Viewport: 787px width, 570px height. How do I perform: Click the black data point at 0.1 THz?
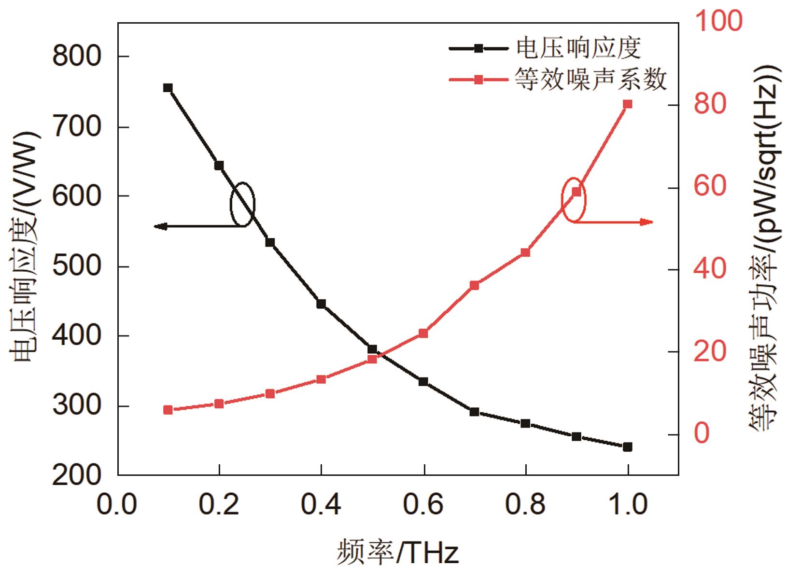168,88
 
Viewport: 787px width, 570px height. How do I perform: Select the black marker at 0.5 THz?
372,349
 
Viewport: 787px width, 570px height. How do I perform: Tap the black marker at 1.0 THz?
628,447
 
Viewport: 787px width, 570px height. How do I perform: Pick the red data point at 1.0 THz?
628,104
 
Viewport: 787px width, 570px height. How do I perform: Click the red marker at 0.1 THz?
168,410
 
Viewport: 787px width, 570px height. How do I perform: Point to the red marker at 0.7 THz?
474,285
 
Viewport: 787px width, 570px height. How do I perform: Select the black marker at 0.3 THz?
270,242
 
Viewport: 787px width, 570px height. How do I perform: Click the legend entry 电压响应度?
578,48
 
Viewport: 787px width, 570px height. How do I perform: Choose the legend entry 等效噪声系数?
590,79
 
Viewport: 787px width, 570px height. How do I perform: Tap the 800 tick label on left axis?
77,56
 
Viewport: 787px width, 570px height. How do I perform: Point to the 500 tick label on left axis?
77,266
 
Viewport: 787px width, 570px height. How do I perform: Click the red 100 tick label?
718,21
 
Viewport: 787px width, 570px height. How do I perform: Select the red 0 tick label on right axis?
703,433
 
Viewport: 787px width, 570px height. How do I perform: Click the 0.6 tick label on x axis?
423,505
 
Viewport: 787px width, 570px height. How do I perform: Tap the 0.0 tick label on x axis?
117,505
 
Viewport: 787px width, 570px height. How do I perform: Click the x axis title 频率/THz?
397,553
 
